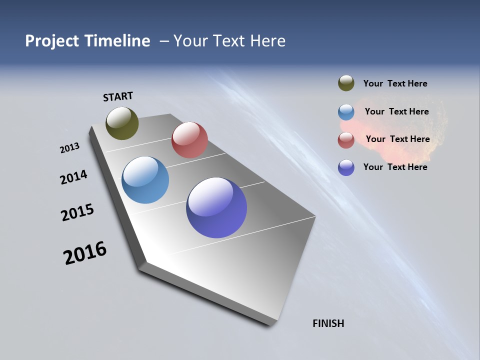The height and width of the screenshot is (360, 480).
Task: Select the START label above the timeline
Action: point(118,96)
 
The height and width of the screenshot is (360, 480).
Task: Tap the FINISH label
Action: point(328,323)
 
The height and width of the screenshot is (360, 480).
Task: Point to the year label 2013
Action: point(69,148)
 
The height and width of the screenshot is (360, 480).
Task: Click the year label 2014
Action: point(73,177)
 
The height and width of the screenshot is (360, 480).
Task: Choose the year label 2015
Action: point(77,212)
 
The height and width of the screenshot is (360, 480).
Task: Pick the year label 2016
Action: point(85,253)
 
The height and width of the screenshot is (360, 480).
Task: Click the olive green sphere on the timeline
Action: point(122,123)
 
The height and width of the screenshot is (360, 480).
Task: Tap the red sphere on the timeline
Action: point(189,140)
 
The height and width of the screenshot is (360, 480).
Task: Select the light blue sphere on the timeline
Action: point(145,180)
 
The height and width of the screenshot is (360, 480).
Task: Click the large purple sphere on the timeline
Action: point(216,207)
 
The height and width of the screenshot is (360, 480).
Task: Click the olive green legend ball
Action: point(346,83)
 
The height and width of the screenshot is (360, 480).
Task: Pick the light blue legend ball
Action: point(346,112)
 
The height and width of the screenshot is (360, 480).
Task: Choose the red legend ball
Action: point(346,140)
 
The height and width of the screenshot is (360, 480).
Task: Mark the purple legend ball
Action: point(346,167)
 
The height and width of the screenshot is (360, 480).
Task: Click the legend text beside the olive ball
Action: point(395,84)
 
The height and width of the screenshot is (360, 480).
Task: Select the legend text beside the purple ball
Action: point(395,167)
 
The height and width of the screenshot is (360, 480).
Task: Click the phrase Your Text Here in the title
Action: point(229,41)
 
